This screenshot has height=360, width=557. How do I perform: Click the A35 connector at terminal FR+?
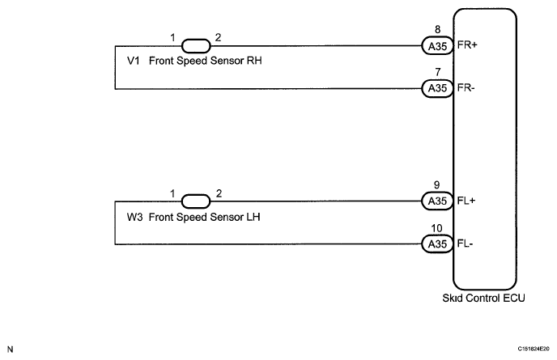(x=437, y=46)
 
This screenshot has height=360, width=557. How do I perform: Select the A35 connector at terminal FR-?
(x=437, y=88)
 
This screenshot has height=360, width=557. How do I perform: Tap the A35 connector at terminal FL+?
(x=437, y=201)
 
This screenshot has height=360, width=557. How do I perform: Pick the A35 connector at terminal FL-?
(x=437, y=244)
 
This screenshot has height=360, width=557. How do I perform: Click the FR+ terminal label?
(x=467, y=45)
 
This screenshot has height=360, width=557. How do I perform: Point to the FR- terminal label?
(x=466, y=87)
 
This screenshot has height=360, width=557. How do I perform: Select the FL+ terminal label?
(x=466, y=201)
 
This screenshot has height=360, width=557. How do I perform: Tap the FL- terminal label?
(x=465, y=244)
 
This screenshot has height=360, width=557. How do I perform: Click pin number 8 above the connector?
(x=438, y=29)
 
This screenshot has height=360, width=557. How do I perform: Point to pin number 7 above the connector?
(x=438, y=72)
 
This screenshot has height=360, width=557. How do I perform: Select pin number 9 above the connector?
(x=437, y=185)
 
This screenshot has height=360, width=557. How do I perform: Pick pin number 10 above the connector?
(x=436, y=228)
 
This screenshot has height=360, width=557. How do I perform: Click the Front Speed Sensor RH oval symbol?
(x=196, y=46)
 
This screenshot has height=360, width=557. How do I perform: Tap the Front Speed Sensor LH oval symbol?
(x=196, y=201)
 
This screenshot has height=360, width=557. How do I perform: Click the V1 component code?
(x=134, y=61)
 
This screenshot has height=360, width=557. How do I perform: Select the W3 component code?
(x=134, y=217)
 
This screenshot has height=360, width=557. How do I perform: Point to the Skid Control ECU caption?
(x=483, y=298)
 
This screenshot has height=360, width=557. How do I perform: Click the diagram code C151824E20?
(x=534, y=349)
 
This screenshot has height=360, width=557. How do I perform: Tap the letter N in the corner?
(x=10, y=349)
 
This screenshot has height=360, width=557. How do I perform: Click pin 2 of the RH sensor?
(x=218, y=37)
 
